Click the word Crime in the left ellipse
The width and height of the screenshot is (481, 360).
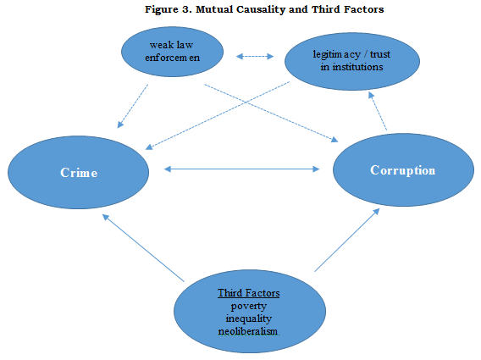[79, 173]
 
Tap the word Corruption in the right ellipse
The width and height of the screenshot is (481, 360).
[403, 170]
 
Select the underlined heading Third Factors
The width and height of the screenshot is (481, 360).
[249, 293]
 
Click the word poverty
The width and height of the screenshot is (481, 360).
[249, 307]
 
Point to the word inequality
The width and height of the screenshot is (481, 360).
[249, 318]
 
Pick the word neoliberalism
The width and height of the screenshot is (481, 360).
[248, 331]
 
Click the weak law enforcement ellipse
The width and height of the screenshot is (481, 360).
[173, 52]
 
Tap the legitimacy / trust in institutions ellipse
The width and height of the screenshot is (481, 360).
[352, 61]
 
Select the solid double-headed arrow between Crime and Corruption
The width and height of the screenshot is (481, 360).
[241, 169]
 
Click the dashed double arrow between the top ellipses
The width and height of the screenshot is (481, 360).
[255, 56]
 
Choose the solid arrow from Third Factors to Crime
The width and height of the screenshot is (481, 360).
[143, 247]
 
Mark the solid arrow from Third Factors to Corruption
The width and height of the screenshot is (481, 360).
[347, 240]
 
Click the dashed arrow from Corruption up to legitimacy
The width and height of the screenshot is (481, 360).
[378, 111]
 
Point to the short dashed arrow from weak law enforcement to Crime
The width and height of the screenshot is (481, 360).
[132, 106]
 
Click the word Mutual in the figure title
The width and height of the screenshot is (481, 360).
[214, 9]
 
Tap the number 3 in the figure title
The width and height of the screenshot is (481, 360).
[186, 9]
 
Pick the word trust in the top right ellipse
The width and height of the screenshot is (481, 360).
[380, 54]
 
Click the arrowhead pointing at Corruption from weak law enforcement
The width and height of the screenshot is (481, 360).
[334, 140]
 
